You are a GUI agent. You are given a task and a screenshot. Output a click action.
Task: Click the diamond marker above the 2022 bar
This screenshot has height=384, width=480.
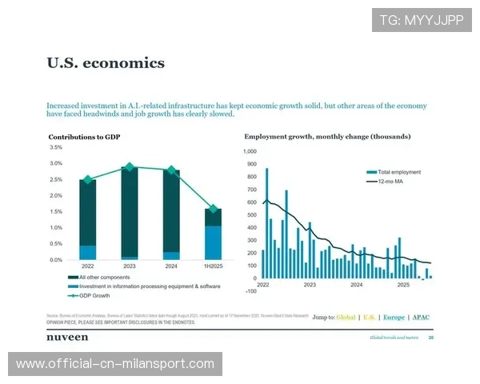88,180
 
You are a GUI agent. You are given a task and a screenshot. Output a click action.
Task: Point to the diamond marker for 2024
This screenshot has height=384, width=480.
170,170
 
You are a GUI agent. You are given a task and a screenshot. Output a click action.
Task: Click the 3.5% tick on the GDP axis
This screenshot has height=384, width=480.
56,148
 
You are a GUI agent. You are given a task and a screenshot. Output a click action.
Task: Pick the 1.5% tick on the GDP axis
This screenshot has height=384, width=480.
56,212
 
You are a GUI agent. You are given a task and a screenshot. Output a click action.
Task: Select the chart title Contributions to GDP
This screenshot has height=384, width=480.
84,137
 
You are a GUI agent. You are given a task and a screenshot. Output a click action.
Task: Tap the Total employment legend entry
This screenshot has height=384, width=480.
398,172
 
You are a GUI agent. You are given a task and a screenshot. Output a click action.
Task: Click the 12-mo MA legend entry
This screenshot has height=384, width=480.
393,182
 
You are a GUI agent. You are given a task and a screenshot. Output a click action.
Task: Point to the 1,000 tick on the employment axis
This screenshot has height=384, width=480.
250,151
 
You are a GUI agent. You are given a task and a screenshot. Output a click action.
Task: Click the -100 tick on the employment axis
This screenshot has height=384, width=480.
250,291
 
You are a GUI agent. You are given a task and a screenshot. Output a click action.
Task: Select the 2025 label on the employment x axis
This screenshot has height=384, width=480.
403,284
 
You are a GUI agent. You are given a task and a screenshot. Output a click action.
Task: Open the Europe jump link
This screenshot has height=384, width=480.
394,318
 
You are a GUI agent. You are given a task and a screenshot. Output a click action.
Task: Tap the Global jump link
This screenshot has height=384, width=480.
346,318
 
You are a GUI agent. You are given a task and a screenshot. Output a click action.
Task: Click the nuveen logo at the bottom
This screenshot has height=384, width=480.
67,338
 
